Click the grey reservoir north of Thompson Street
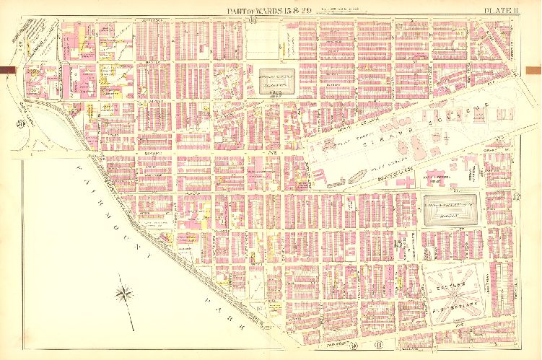coord(274,83)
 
